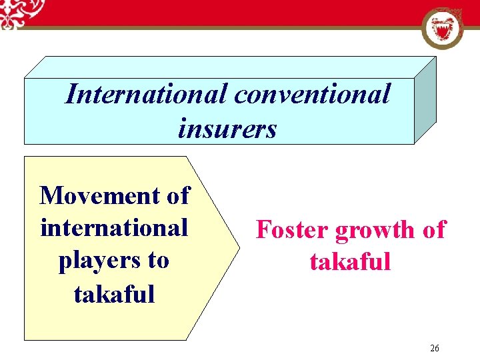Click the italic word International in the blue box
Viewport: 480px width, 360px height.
click(x=145, y=94)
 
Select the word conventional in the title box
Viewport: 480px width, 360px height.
click(x=312, y=94)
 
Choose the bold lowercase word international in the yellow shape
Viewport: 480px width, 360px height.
click(x=114, y=228)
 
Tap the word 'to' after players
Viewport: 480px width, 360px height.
click(x=158, y=260)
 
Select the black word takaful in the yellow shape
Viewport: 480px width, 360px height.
click(x=114, y=293)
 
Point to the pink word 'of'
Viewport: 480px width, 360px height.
click(x=434, y=230)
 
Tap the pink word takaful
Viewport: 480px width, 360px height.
click(x=350, y=261)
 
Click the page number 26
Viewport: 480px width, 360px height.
click(x=435, y=348)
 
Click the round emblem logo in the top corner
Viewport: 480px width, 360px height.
click(x=442, y=29)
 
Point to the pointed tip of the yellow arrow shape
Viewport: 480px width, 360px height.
click(x=238, y=248)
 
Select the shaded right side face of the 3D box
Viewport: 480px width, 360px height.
click(x=425, y=100)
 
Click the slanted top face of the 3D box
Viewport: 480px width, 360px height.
click(x=233, y=67)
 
